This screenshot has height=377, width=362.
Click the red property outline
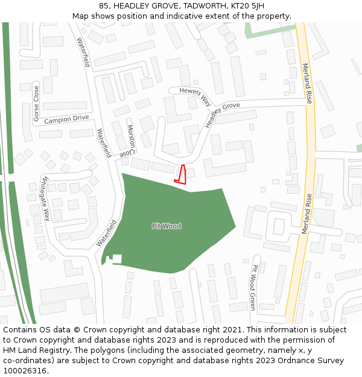click(180, 174)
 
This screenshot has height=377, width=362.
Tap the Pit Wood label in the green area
click(167, 226)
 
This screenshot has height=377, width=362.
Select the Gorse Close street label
click(36, 103)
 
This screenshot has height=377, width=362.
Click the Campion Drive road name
click(66, 119)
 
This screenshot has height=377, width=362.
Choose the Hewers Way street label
click(195, 95)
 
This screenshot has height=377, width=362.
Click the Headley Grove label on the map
click(221, 115)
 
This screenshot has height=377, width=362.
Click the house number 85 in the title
click(104, 5)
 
